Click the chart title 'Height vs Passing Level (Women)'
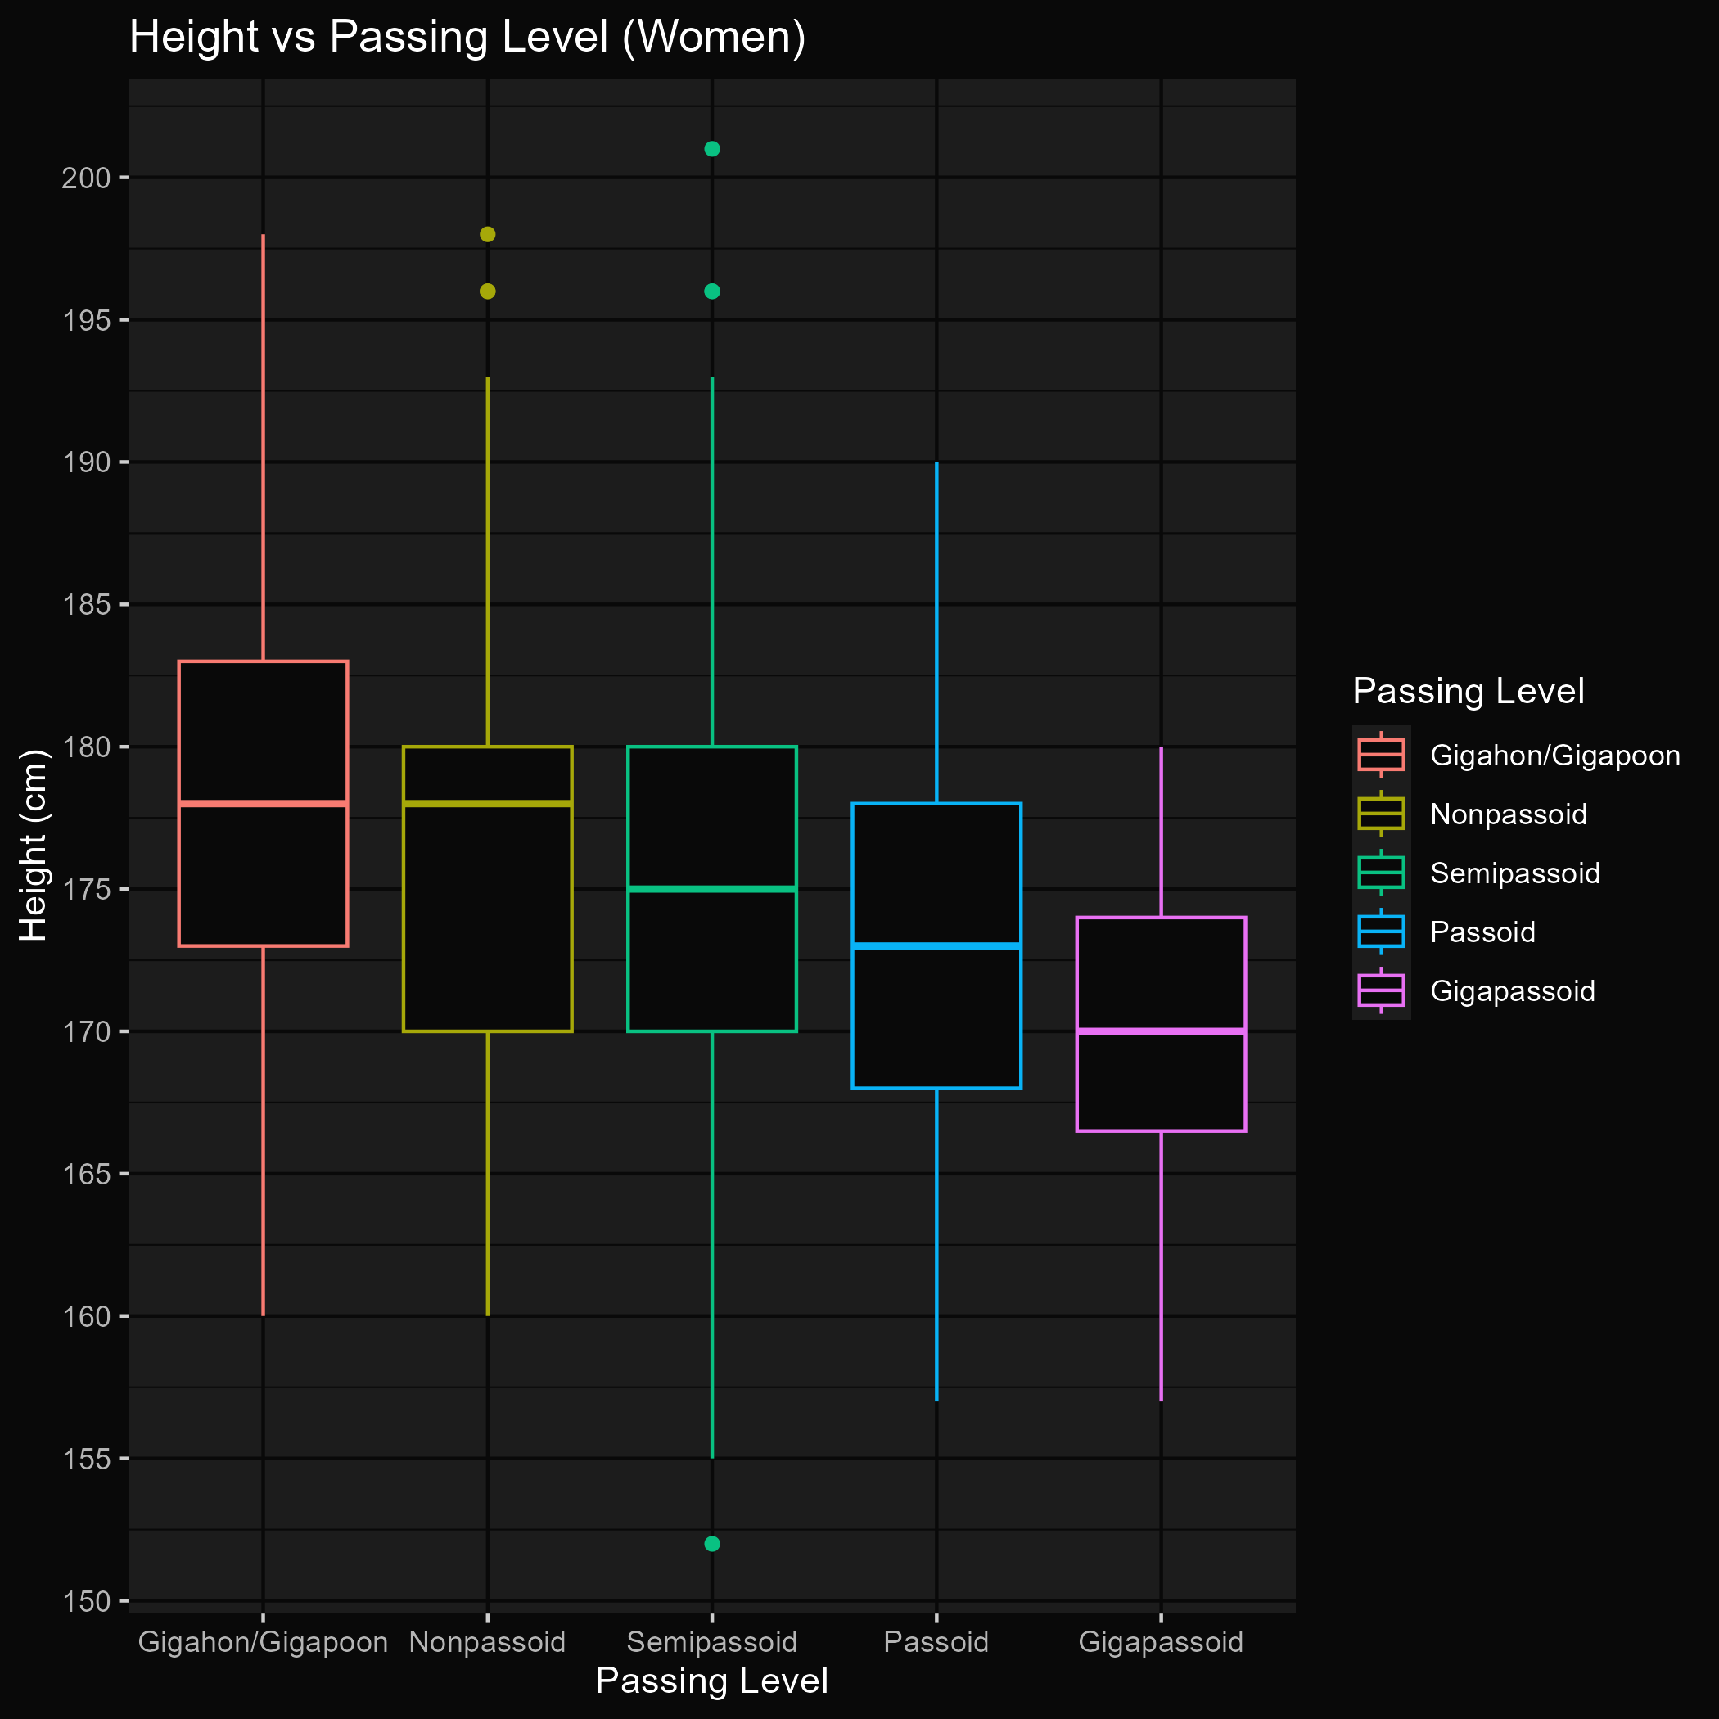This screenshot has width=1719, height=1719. (467, 38)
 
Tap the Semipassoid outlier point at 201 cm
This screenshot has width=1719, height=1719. (712, 149)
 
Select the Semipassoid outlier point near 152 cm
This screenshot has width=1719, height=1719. (712, 1544)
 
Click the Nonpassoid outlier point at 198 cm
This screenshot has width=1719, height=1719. (488, 234)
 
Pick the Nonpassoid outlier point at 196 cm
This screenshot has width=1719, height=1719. (488, 291)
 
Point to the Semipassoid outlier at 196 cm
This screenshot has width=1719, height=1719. (712, 291)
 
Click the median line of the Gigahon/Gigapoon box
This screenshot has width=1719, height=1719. (263, 804)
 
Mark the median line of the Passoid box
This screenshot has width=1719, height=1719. (936, 945)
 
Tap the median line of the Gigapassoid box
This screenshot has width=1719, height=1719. (1160, 1031)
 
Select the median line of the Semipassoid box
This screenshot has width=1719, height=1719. (712, 889)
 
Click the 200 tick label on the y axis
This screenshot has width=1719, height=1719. (85, 178)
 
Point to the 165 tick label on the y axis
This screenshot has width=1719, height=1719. (85, 1175)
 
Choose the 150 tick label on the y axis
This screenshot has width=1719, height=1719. (85, 1602)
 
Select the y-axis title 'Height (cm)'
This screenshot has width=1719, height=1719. (33, 846)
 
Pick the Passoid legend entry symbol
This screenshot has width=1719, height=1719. (1381, 932)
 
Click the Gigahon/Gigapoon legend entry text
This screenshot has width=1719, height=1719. (1555, 756)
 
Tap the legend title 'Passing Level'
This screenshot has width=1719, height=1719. (1468, 692)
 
